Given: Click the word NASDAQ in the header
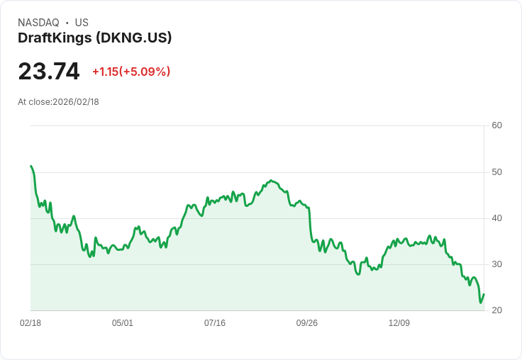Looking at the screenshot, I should coord(38,23).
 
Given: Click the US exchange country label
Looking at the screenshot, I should coord(82,23).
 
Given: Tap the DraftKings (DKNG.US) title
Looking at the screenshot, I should coord(95,38).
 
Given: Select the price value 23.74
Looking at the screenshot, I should coord(49,72).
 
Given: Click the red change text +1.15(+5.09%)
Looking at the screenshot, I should coord(131,72).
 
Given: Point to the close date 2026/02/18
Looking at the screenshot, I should coord(76,102).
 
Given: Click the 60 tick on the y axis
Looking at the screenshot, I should coord(496,125).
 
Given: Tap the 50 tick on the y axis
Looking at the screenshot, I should coord(496,172).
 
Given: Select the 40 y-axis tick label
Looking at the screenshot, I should coord(496,218).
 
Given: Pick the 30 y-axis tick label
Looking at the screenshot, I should coord(496,264).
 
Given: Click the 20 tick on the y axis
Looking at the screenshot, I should coord(496,310).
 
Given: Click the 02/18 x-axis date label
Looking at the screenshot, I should coord(30,323).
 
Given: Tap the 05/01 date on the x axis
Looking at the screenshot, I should coord(123,323).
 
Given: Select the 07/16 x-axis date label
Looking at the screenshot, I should coord(215,323).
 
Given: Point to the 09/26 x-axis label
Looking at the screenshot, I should coord(307,323).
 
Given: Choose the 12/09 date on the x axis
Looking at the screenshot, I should coord(399,323).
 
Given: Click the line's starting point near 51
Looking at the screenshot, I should coord(31,166).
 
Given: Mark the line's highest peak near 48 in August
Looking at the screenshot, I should coord(271,181).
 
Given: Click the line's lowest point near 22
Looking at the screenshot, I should coord(480,303).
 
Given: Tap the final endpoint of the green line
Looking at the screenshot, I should coord(484,294).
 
